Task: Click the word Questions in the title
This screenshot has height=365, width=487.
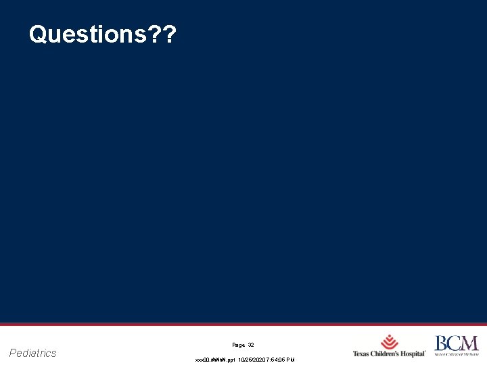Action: [85, 34]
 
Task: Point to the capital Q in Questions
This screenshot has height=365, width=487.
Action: [38, 34]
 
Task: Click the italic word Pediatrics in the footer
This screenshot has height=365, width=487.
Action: [33, 353]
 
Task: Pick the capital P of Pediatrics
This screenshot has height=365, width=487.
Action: [14, 353]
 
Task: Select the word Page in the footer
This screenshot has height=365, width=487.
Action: [237, 345]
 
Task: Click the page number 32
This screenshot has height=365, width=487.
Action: [251, 345]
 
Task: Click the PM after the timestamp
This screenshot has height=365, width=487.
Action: [291, 360]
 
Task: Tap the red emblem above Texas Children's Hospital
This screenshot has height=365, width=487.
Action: [389, 342]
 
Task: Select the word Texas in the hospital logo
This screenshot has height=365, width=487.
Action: [362, 354]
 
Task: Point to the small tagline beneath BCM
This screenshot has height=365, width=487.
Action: [457, 354]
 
